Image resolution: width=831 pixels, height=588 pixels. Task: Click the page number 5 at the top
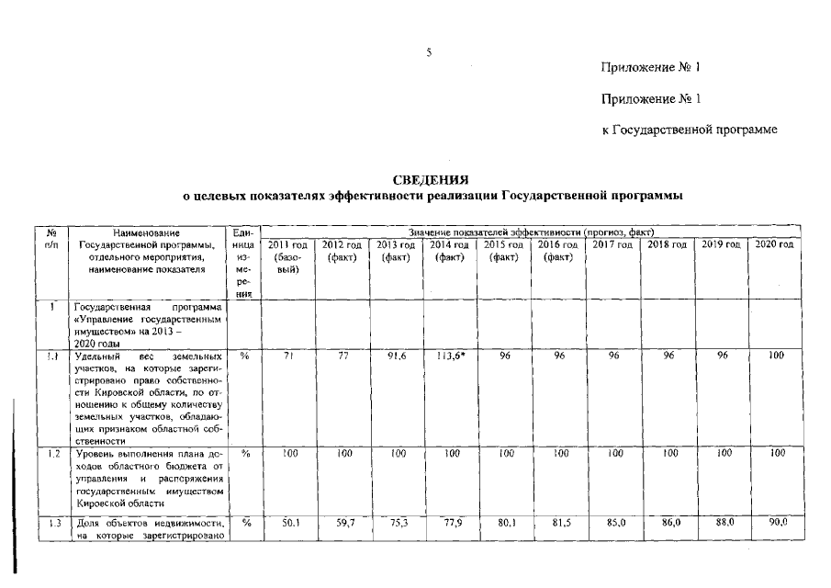pyautogui.click(x=428, y=52)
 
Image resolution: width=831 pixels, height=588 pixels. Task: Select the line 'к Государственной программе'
pyautogui.click(x=690, y=130)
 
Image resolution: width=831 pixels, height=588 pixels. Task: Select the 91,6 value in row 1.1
pyautogui.click(x=396, y=356)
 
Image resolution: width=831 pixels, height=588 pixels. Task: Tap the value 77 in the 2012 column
pyautogui.click(x=342, y=356)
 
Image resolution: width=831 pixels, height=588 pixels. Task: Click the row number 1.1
pyautogui.click(x=53, y=356)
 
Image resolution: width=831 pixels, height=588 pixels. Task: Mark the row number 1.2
pyautogui.click(x=53, y=454)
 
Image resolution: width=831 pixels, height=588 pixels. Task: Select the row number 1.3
pyautogui.click(x=53, y=523)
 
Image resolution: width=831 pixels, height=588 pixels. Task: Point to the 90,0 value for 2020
pyautogui.click(x=776, y=522)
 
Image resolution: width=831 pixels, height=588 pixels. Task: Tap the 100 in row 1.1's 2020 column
pyautogui.click(x=777, y=356)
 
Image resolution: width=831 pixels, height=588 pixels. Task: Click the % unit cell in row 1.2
pyautogui.click(x=245, y=454)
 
